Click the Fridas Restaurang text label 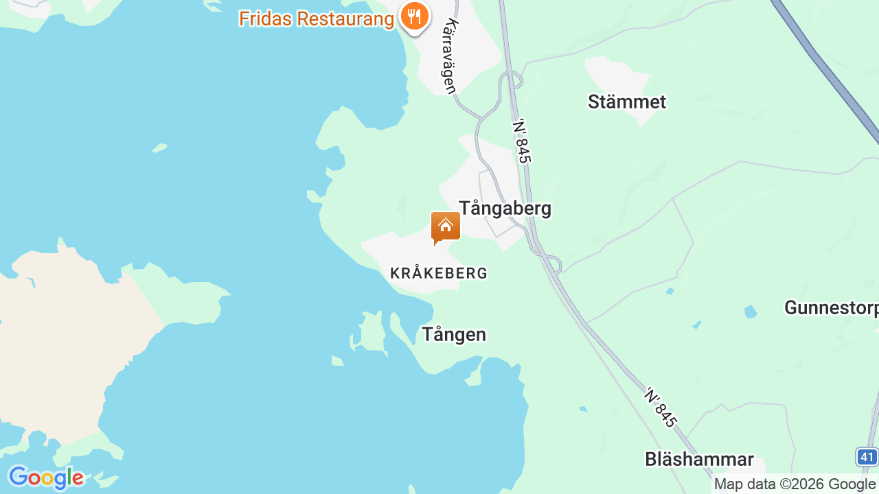pyautogui.click(x=316, y=19)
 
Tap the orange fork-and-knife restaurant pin pyautogui.click(x=414, y=15)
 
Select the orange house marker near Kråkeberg pyautogui.click(x=445, y=227)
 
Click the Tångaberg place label pyautogui.click(x=505, y=208)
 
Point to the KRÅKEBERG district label pyautogui.click(x=439, y=273)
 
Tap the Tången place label pyautogui.click(x=453, y=334)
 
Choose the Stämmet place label pyautogui.click(x=627, y=102)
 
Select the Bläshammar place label pyautogui.click(x=699, y=459)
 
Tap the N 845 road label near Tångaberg pyautogui.click(x=523, y=141)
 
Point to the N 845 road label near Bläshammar pyautogui.click(x=661, y=407)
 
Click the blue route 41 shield pyautogui.click(x=867, y=456)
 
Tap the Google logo pyautogui.click(x=45, y=478)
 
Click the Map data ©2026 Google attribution pyautogui.click(x=795, y=484)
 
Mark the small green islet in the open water pyautogui.click(x=160, y=148)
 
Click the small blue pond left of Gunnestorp pyautogui.click(x=751, y=311)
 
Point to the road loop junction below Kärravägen pyautogui.click(x=511, y=80)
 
